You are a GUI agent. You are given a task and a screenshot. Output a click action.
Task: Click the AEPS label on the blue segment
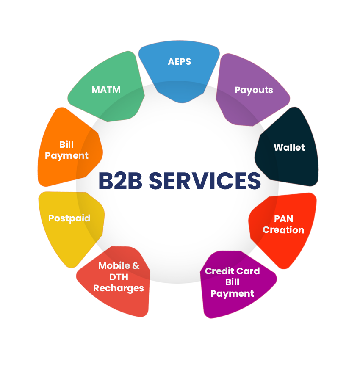click(x=180, y=61)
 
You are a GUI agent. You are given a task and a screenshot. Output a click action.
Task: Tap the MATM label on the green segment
click(x=106, y=89)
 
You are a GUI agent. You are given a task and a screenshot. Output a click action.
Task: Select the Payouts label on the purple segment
click(x=254, y=90)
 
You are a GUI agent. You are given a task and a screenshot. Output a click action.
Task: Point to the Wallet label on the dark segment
click(x=289, y=147)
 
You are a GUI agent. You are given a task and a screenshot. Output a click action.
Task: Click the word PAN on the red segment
click(x=284, y=219)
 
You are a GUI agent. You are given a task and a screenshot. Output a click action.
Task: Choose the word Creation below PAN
click(x=283, y=230)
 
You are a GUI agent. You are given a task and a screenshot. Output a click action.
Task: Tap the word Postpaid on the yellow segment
click(x=69, y=218)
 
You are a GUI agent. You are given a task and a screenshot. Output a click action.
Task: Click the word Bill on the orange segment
click(x=66, y=145)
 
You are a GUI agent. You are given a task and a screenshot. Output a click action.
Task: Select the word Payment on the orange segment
click(x=66, y=156)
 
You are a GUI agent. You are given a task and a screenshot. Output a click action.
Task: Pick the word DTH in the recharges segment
click(x=119, y=277)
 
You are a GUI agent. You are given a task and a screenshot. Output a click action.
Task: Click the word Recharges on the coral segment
click(x=119, y=288)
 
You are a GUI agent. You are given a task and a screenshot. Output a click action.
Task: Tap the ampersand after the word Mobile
click(x=136, y=266)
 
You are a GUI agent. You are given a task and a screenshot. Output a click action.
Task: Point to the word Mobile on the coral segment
click(x=114, y=266)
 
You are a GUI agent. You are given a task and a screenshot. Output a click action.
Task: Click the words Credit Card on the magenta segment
click(x=233, y=271)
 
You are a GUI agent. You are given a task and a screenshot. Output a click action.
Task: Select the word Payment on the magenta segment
click(x=233, y=294)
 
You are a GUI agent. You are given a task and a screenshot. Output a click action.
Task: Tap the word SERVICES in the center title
click(x=205, y=181)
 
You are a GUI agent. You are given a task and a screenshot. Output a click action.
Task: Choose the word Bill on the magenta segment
click(x=233, y=282)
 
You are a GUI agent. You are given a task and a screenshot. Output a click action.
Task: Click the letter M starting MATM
click(x=95, y=89)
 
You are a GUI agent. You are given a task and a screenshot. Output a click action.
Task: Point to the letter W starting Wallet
click(x=279, y=147)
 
